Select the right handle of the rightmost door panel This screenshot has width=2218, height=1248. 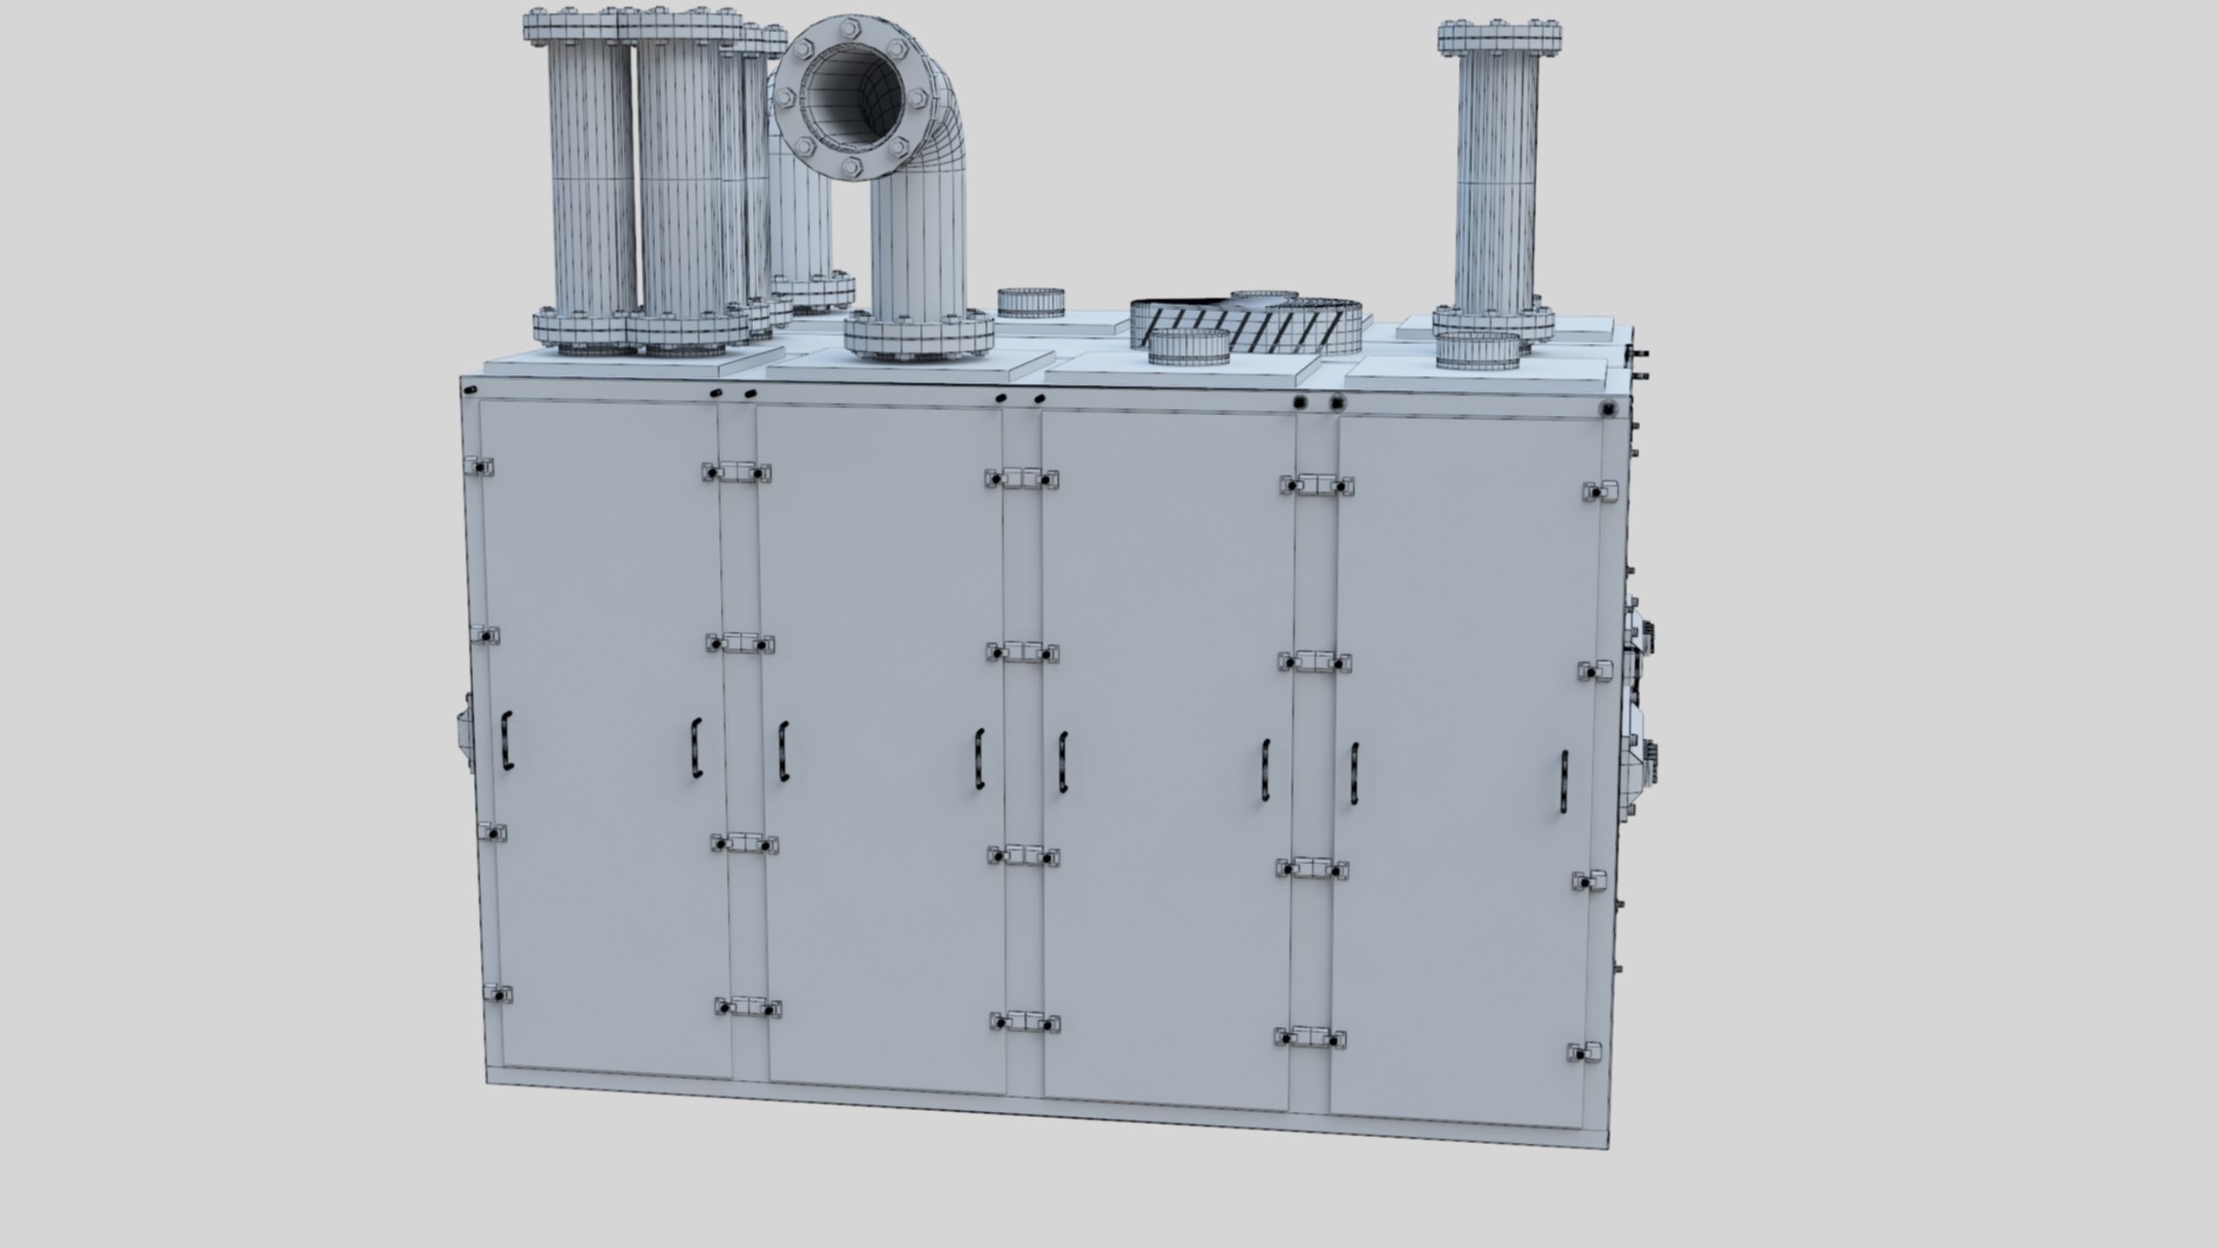pos(1564,781)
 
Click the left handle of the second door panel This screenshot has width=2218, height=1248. pos(783,751)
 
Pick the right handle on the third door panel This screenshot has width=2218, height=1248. pos(1266,770)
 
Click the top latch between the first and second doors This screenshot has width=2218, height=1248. pos(736,472)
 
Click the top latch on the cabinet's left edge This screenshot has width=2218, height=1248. pos(478,466)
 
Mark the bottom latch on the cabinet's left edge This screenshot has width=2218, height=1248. pos(496,993)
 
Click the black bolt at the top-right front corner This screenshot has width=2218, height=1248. pos(1608,408)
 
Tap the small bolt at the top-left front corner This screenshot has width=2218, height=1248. pos(470,390)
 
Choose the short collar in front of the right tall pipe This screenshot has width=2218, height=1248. pos(1477,349)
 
